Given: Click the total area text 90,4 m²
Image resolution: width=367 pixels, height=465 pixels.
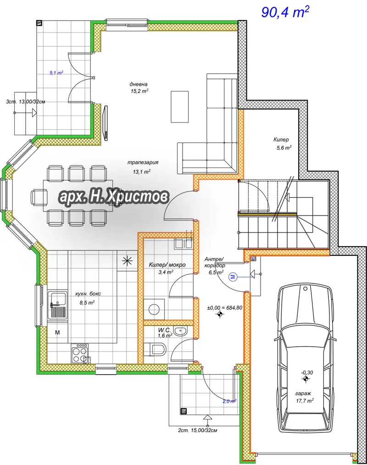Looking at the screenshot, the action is click(285, 12).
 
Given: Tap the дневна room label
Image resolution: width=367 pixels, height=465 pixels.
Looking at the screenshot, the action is click(139, 84).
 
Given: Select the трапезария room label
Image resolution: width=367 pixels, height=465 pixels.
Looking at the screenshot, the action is click(143, 162).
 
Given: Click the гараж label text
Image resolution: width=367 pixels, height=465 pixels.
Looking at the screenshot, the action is click(303, 393).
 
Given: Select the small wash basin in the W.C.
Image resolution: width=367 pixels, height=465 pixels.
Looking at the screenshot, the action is click(180, 331).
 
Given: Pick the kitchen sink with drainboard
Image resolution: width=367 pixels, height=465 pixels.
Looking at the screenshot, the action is click(58, 305).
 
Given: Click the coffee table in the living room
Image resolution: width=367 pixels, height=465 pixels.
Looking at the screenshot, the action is click(179, 107).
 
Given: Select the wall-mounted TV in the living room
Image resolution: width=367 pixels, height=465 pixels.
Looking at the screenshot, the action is click(105, 122).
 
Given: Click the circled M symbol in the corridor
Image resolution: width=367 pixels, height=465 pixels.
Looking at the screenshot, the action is click(233, 277).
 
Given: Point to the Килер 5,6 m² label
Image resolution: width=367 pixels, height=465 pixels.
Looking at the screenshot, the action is click(282, 143).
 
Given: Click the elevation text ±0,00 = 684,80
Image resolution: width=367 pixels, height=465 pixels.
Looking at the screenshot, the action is click(225, 308).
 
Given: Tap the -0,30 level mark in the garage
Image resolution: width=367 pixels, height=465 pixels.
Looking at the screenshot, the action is click(307, 372).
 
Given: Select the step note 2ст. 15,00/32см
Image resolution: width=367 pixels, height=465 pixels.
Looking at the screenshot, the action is click(198, 430).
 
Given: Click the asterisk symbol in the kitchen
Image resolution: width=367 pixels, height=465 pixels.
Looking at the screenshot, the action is click(127, 260).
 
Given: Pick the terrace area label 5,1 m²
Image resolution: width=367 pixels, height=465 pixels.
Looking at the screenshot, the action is click(56, 72).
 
